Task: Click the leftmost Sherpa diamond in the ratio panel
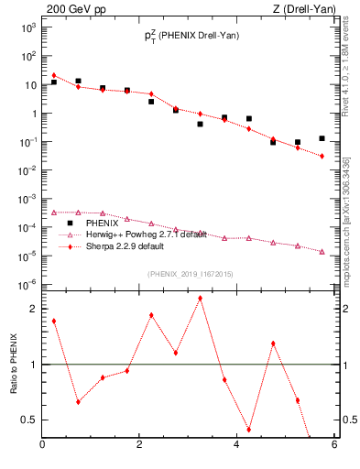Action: click(x=54, y=321)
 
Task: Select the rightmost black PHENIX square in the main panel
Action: click(x=322, y=138)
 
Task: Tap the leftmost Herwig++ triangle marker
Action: click(x=54, y=213)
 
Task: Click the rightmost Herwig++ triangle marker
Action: click(x=322, y=251)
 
